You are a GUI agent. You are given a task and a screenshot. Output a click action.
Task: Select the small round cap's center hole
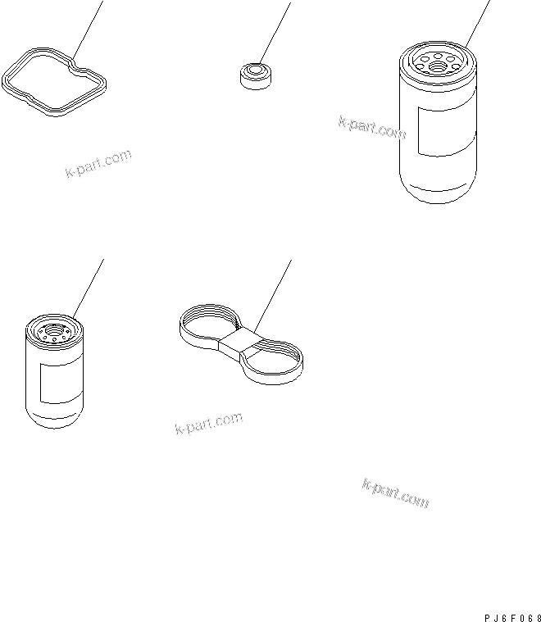(255, 70)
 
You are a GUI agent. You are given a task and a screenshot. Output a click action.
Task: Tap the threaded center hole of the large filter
(438, 66)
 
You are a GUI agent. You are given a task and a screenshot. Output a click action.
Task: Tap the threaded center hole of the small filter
(53, 329)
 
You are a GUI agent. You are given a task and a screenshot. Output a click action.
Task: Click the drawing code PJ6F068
(512, 618)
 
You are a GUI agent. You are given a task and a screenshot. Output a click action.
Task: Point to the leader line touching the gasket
(88, 30)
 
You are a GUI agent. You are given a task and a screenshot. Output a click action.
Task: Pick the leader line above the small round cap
(275, 34)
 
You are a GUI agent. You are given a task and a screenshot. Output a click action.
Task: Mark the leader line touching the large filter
(478, 25)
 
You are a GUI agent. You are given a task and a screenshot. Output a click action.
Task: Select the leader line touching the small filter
(89, 288)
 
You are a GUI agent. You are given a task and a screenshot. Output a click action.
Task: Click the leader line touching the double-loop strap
(273, 297)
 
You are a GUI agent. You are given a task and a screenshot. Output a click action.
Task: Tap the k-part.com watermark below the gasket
(98, 163)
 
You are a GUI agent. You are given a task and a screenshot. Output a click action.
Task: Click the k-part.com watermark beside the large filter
(372, 128)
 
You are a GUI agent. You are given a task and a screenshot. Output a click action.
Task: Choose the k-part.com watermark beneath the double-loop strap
(209, 423)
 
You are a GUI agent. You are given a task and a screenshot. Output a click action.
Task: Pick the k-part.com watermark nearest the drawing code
(396, 494)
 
